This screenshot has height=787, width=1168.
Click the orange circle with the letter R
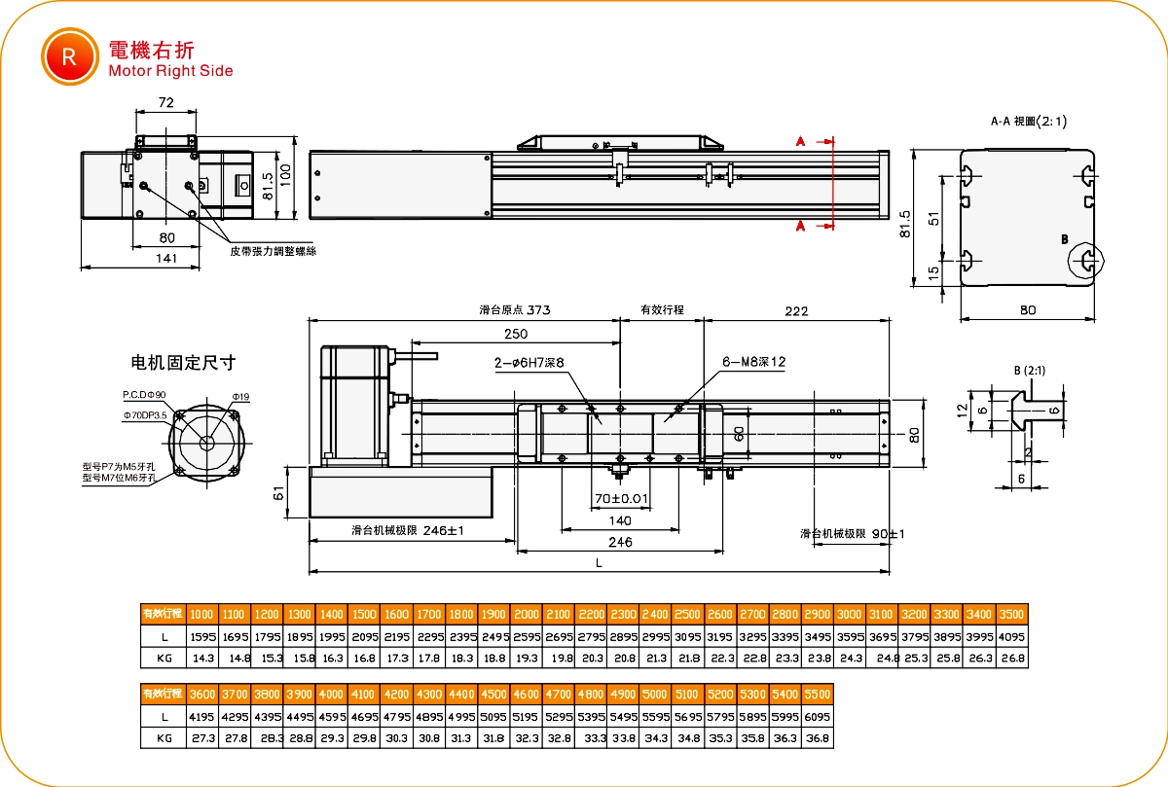69,55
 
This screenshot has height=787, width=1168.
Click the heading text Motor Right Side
170,71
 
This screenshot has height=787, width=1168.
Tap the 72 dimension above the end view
165,102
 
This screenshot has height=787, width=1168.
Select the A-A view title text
1028,122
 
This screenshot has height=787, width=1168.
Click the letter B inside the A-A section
1064,238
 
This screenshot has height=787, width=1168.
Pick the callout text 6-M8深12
753,362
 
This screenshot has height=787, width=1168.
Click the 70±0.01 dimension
620,499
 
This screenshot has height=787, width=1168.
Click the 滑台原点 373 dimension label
515,311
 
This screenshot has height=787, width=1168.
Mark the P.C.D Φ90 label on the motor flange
145,395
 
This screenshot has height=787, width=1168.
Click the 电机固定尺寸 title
183,363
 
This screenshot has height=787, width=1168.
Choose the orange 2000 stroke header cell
527,614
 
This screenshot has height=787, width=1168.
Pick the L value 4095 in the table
1012,636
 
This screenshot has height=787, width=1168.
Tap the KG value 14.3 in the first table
202,659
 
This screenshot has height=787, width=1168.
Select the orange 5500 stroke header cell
819,695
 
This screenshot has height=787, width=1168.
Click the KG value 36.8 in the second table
819,738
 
